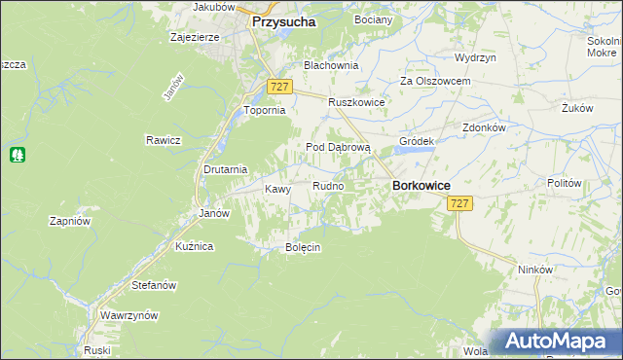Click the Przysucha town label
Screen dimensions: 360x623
pos(284,20)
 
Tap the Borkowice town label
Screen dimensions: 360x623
pos(420,184)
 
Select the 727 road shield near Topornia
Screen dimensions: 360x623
pos(279,87)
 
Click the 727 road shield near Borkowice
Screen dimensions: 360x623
pos(460,203)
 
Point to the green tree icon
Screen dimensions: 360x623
pos(17,155)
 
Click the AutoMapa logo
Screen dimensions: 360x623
pos(560,342)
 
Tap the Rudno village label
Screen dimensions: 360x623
pos(327,185)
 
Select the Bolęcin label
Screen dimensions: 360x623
pos(302,247)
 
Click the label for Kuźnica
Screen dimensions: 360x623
pos(194,247)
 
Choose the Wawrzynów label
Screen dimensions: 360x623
pos(128,316)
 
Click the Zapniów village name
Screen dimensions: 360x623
pos(69,221)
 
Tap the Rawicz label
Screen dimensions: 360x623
pos(164,140)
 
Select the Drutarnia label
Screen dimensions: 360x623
pos(225,169)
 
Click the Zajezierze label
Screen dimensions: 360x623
pos(195,37)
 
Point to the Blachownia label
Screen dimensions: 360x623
pos(331,65)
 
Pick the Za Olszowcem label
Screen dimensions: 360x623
pos(435,81)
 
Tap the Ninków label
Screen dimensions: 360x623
pos(535,270)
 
